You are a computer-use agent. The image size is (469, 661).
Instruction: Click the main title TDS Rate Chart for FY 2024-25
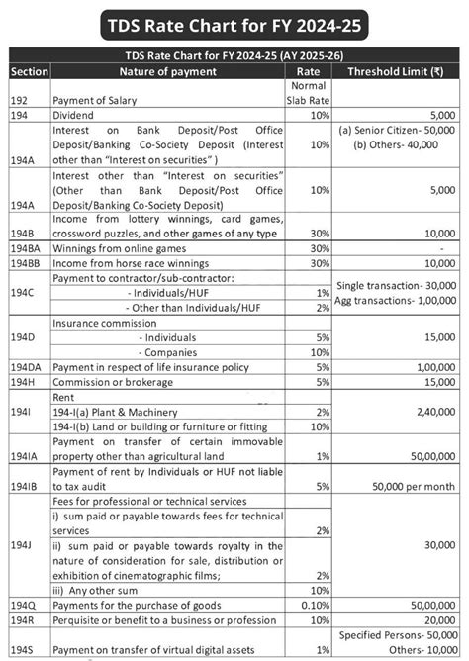point(234,23)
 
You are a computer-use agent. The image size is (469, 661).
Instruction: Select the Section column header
point(30,72)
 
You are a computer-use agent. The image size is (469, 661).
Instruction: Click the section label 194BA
point(27,249)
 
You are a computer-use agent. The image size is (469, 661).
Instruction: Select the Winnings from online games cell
point(124,249)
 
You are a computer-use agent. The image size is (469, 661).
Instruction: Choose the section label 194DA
point(27,366)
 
